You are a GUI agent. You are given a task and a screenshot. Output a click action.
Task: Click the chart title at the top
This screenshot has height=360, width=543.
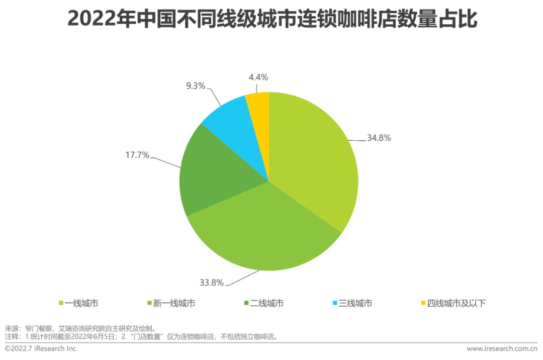272,20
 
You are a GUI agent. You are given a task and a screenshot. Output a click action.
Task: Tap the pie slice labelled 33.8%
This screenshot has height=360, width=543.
261,231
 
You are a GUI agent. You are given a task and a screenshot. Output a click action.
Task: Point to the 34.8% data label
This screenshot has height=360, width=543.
379,138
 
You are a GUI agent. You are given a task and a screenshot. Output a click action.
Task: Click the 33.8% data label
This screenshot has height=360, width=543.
211,283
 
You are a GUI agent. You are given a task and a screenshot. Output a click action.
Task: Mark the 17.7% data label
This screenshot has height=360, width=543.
137,155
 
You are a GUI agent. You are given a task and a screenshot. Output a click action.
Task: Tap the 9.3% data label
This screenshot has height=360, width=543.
195,86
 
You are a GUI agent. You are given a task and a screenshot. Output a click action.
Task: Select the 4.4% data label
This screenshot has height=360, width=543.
258,77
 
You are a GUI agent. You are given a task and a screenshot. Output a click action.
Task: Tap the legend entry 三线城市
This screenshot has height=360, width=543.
355,303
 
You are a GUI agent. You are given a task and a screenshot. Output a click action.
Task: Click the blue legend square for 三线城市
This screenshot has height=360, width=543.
335,303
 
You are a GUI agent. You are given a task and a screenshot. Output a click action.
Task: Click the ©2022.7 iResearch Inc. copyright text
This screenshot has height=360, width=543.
41,348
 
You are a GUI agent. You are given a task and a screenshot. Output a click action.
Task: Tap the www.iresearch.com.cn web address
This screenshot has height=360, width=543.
502,348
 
